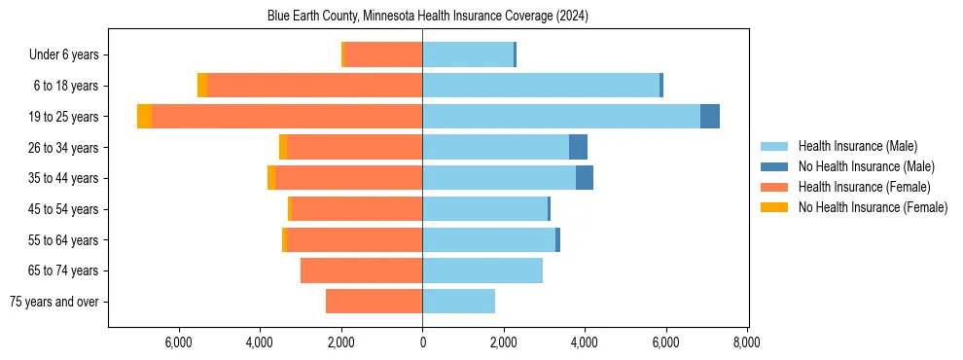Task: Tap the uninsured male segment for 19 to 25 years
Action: (x=710, y=117)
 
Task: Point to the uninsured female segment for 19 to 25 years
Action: (x=144, y=117)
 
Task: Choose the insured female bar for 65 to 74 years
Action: (x=361, y=270)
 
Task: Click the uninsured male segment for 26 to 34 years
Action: (x=578, y=147)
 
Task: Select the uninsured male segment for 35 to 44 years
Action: (x=585, y=178)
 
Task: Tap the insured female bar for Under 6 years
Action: (x=383, y=54)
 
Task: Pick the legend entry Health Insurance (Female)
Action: (x=864, y=187)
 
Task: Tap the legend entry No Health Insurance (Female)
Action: (x=873, y=207)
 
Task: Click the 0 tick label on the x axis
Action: (x=422, y=342)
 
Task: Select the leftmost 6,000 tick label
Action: (x=179, y=342)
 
